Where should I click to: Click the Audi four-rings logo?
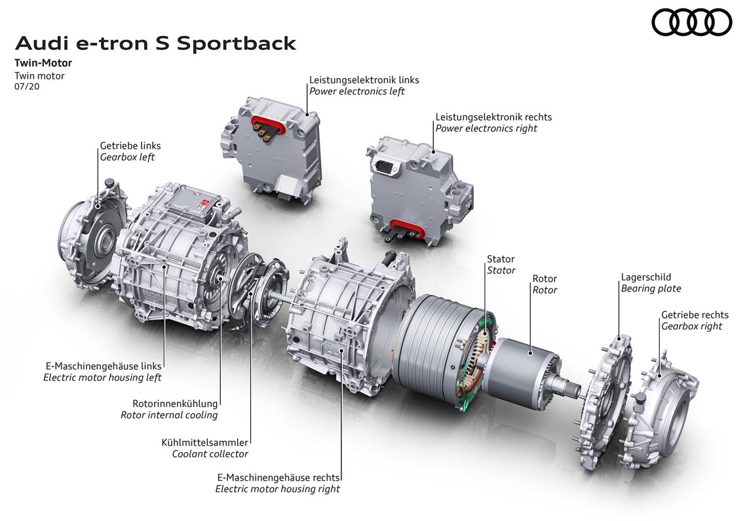point(691,22)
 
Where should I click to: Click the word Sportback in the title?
point(237,44)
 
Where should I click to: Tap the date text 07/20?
point(27,87)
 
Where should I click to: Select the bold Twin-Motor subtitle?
point(43,63)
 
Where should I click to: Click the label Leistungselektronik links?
point(364,80)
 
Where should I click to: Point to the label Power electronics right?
point(486,128)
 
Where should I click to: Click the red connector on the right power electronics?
point(406,230)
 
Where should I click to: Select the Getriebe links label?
point(130,146)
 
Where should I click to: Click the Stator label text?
point(501,259)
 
